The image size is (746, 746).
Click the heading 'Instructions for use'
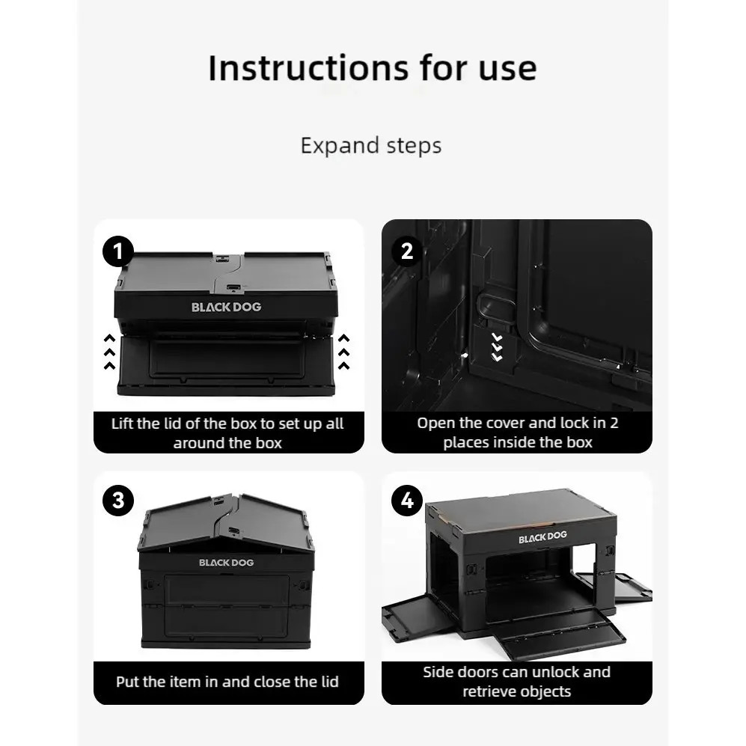pyautogui.click(x=373, y=68)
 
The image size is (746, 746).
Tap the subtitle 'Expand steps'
pyautogui.click(x=371, y=145)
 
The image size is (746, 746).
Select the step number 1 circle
pyautogui.click(x=118, y=251)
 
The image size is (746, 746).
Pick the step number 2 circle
pyautogui.click(x=407, y=251)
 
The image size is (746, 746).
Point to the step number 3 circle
pyautogui.click(x=118, y=501)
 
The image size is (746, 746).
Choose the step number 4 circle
pyautogui.click(x=407, y=501)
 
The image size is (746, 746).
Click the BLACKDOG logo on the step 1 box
pyautogui.click(x=227, y=308)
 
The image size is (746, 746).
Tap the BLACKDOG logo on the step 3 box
pyautogui.click(x=227, y=563)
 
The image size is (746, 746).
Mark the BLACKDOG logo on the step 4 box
pyautogui.click(x=542, y=537)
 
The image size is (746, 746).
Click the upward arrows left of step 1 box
pyautogui.click(x=109, y=352)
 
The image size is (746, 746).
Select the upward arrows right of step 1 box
pyautogui.click(x=343, y=352)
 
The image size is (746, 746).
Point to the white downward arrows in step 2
pyautogui.click(x=497, y=347)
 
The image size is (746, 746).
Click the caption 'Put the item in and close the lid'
pyautogui.click(x=227, y=682)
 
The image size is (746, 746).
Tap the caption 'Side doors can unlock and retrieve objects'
pyautogui.click(x=517, y=682)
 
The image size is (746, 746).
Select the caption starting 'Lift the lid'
pyautogui.click(x=227, y=433)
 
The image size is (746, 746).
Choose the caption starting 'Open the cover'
pyautogui.click(x=518, y=432)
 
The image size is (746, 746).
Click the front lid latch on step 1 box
pyautogui.click(x=233, y=288)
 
